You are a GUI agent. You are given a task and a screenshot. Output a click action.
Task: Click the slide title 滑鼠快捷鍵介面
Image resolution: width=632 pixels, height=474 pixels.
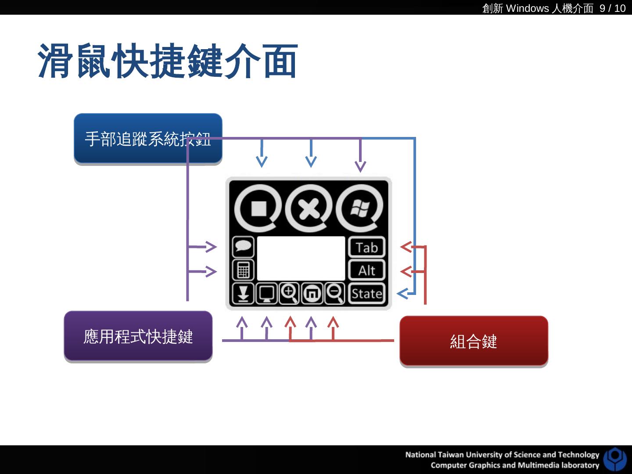coord(168,61)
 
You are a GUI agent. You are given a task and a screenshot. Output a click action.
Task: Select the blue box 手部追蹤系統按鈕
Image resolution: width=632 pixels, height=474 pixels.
coord(148,139)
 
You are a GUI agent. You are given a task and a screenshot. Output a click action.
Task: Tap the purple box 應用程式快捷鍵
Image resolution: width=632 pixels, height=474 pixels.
coord(138,337)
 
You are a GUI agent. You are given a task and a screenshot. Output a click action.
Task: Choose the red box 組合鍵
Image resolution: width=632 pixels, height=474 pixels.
coord(474,341)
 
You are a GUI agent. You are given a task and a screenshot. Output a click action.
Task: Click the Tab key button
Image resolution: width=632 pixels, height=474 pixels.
coord(366,248)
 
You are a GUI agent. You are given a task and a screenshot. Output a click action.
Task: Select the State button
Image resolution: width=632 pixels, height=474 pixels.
coord(366,294)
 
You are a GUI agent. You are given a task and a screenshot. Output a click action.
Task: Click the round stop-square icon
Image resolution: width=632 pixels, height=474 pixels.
coord(258,208)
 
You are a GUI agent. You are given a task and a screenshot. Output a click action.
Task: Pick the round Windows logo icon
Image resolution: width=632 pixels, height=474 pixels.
coord(360,208)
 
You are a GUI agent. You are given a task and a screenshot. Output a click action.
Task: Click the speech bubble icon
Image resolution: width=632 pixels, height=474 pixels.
coord(243,247)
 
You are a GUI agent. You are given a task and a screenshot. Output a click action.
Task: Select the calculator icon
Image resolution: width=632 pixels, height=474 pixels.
coord(243,270)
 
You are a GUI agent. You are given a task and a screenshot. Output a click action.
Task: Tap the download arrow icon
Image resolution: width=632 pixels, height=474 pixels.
coord(243,294)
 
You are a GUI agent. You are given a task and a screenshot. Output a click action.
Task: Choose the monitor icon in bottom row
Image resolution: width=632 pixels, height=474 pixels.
coord(266,294)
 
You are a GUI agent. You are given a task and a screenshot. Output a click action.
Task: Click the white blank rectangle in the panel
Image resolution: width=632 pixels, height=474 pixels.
coord(301,258)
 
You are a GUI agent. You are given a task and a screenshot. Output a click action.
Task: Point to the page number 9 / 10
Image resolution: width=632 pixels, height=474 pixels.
coord(612,8)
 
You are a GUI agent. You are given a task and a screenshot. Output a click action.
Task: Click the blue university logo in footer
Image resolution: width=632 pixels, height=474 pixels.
coord(615,459)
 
